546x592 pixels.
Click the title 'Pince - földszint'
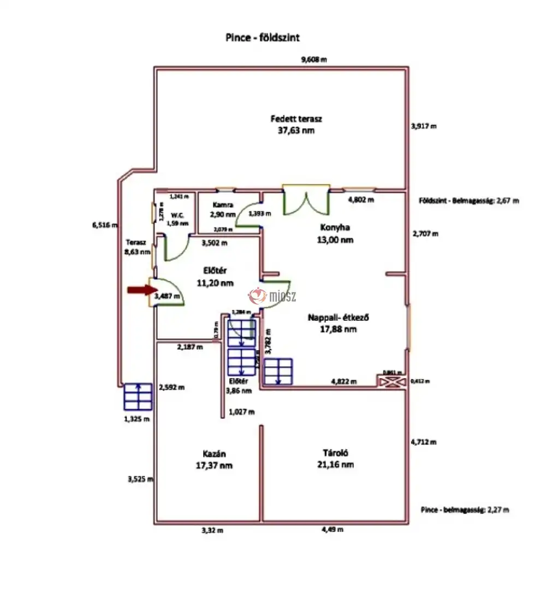[x=262, y=38]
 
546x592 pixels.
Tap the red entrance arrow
[x=139, y=290]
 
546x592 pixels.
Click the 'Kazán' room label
[x=215, y=454]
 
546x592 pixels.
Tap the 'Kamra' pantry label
[x=223, y=206]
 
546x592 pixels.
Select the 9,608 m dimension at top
[x=314, y=60]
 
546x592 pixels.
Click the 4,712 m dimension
[x=424, y=442]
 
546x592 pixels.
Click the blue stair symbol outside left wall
[x=137, y=397]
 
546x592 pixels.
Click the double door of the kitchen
[x=306, y=200]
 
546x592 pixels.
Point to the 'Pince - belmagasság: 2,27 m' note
[x=465, y=510]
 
